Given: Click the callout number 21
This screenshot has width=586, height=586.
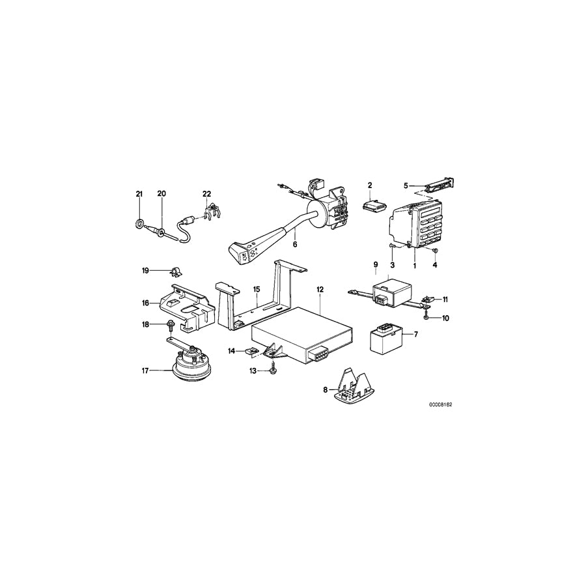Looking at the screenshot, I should (138, 194).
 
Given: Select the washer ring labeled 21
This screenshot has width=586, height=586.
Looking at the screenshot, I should (139, 225).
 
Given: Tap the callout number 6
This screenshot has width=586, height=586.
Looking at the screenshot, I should (294, 245).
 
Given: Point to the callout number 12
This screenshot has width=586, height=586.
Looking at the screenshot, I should (320, 288).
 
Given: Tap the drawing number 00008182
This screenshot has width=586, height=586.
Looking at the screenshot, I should (440, 404).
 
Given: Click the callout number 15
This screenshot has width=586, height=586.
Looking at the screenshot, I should (257, 288).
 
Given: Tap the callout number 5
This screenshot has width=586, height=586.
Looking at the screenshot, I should (406, 186).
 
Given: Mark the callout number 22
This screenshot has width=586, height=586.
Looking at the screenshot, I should (207, 194).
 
